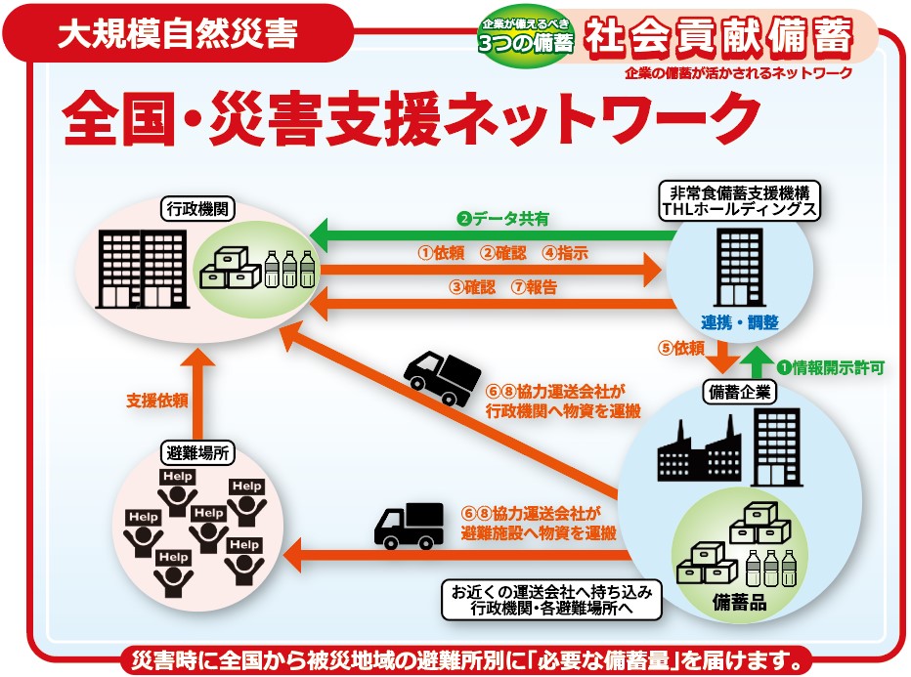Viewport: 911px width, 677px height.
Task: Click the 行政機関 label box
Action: [x=197, y=209]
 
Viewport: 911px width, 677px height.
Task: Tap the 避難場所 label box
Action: [x=197, y=452]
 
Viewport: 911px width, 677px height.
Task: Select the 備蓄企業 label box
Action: [x=739, y=392]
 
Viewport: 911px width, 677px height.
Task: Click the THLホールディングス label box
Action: [x=739, y=200]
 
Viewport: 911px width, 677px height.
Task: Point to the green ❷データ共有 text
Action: [x=503, y=219]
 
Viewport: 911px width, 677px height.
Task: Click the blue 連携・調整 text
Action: [x=739, y=322]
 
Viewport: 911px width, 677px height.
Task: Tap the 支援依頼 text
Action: [x=156, y=401]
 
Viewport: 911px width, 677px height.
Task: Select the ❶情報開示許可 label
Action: [x=831, y=367]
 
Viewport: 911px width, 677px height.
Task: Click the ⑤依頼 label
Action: [x=681, y=348]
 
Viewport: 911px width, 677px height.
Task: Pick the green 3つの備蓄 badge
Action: [x=525, y=36]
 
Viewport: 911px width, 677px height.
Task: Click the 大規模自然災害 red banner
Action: [x=178, y=33]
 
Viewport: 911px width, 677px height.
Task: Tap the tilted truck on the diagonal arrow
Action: [x=443, y=377]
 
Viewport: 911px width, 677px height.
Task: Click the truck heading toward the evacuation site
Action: [x=409, y=526]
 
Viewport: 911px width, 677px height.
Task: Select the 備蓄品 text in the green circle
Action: [x=739, y=603]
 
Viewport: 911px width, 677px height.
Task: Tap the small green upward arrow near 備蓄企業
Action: [x=757, y=361]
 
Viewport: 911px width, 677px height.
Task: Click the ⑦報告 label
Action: [x=534, y=287]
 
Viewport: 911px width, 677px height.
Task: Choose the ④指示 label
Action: [x=565, y=253]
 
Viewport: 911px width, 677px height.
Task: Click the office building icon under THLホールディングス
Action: [x=738, y=267]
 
